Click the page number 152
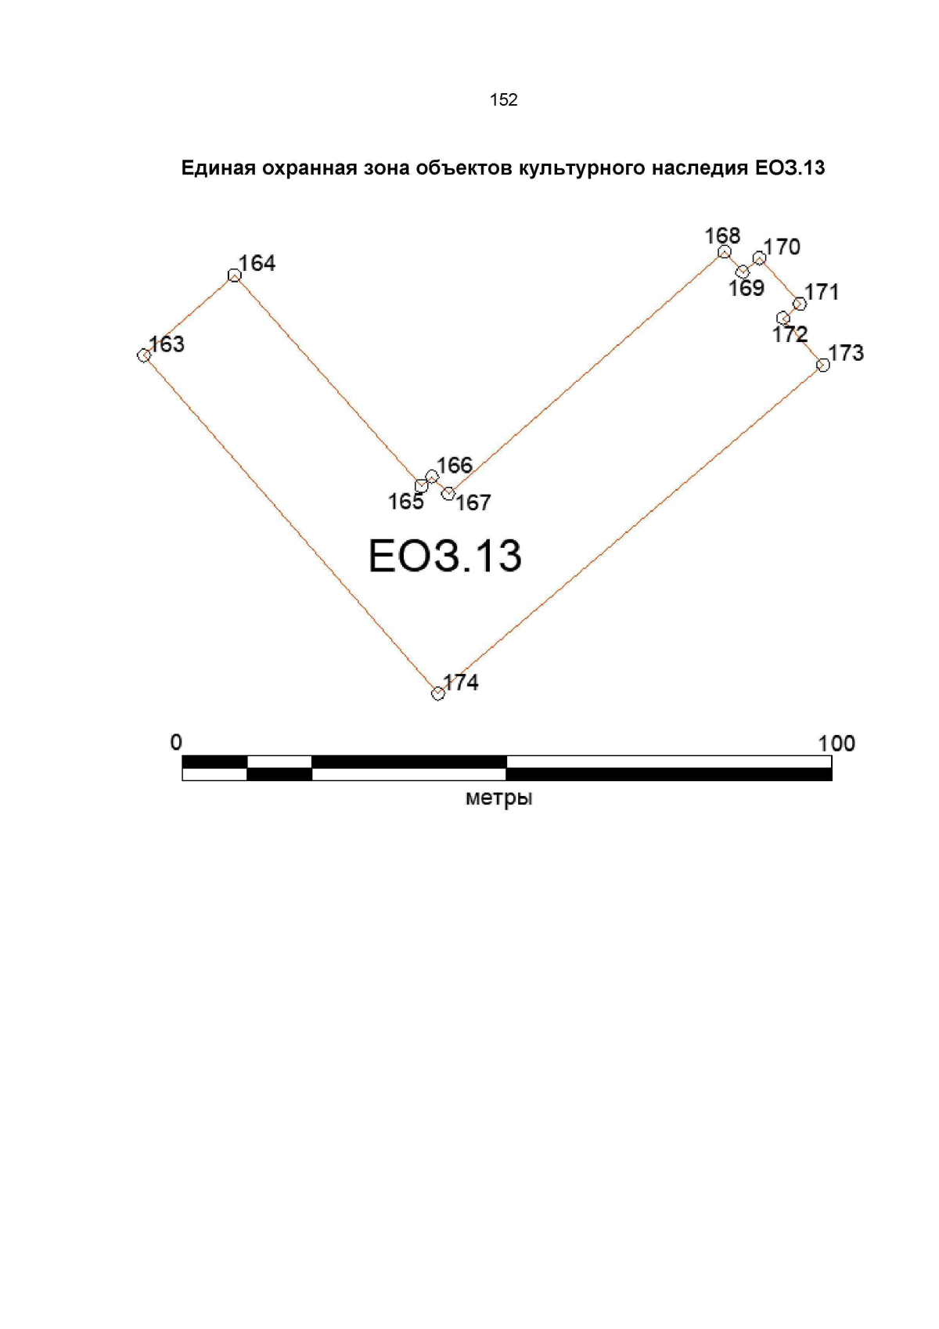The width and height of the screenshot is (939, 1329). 504,99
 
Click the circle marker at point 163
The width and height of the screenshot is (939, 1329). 143,355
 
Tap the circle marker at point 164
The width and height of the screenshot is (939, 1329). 234,276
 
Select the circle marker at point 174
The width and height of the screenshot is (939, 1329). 437,693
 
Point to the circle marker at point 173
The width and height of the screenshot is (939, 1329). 822,365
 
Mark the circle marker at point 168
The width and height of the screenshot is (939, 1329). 725,252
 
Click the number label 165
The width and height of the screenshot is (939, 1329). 406,502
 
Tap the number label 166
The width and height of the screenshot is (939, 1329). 455,465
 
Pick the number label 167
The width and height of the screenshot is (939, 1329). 473,503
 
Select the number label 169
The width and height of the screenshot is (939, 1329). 747,288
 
